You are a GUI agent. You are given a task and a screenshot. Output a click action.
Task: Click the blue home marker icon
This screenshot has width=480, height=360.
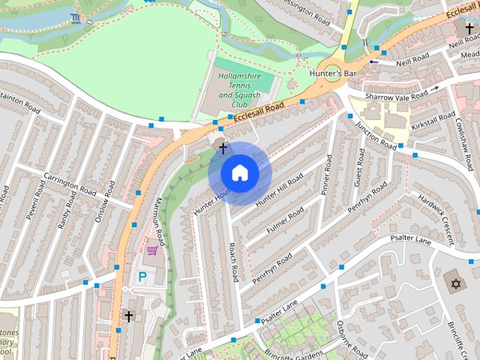239,173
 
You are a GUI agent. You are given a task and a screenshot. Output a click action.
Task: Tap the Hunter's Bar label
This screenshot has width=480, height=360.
334,73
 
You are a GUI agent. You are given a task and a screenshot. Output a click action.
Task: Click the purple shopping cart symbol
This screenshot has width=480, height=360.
153,249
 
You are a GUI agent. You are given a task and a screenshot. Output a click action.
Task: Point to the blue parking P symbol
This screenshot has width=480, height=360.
142,277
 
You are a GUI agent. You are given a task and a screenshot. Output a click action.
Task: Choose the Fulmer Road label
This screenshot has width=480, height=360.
284,217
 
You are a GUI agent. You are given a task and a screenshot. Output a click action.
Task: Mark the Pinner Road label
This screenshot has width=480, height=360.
327,175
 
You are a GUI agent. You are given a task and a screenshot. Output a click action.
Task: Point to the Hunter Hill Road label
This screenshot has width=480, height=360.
278,190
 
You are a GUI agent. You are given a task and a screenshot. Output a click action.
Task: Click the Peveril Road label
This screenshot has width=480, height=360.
33,205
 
